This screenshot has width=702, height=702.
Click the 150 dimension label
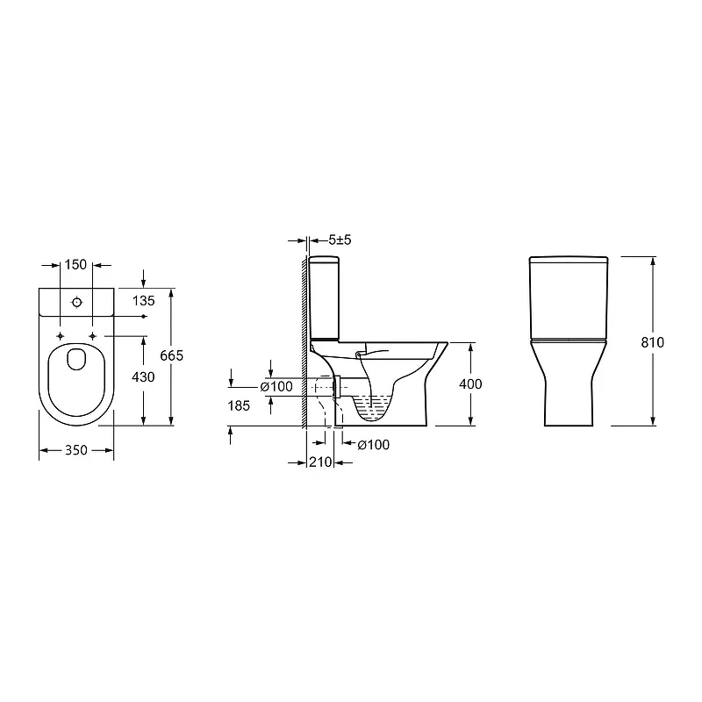(75, 265)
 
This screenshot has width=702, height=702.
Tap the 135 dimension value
(143, 301)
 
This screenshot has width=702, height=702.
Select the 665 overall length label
(171, 355)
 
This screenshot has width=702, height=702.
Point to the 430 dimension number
(143, 377)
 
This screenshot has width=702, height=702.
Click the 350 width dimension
(76, 450)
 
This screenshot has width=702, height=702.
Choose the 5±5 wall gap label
(340, 240)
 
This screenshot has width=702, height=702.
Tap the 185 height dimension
(239, 405)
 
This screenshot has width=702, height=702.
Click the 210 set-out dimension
(320, 462)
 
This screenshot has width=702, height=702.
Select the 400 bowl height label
(470, 383)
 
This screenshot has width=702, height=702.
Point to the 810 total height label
(652, 342)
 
